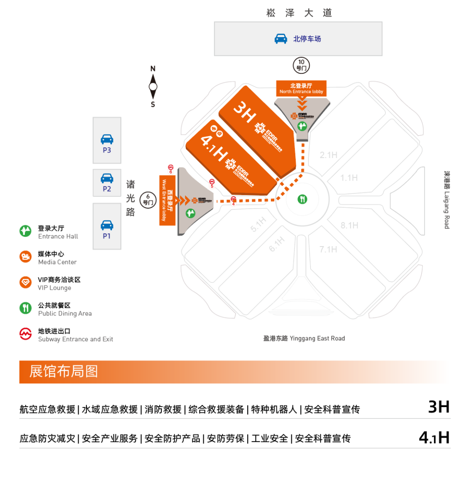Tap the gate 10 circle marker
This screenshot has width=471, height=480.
coord(301,65)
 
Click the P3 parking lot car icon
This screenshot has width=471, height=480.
coord(107,139)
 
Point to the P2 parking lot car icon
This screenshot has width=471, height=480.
coord(107,178)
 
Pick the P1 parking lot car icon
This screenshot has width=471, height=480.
coord(107,225)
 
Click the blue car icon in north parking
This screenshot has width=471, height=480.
coord(281,39)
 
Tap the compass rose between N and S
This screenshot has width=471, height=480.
coord(153,86)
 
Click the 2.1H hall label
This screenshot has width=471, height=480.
coord(328,155)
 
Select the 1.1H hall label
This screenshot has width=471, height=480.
coord(349,178)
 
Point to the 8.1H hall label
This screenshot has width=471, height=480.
coord(349,226)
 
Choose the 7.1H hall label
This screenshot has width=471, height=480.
coord(328,249)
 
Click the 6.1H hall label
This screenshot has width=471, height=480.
coord(276,245)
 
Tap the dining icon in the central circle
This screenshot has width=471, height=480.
coord(302,199)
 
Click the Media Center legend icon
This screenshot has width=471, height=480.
coord(26,257)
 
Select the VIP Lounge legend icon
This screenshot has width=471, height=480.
coord(26,282)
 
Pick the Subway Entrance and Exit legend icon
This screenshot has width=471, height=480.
coord(26,334)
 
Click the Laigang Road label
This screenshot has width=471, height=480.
coord(447,199)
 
